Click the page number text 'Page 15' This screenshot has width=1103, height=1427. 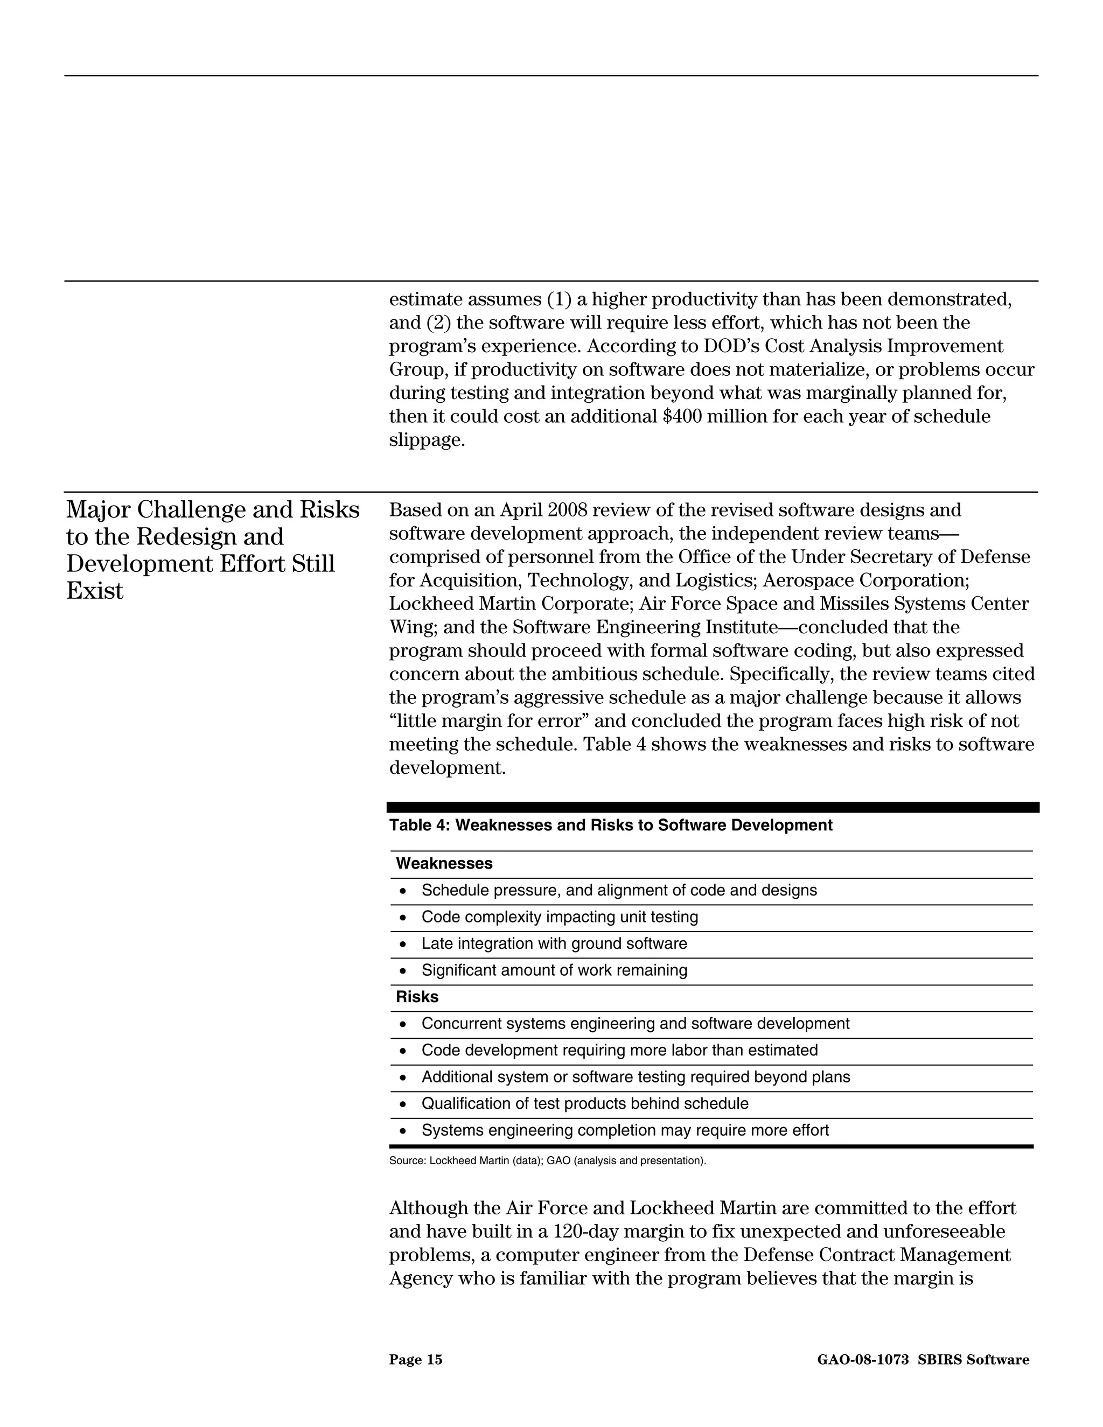point(416,1360)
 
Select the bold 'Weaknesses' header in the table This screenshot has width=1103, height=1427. point(444,864)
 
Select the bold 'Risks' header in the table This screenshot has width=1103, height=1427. point(417,997)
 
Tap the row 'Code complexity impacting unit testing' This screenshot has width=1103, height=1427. point(560,918)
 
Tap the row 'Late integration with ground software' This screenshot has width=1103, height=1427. point(554,944)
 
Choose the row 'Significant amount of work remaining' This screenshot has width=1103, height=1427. point(554,971)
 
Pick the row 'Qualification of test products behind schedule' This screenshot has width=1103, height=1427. point(585,1104)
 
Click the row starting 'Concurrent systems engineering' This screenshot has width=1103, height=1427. point(635,1024)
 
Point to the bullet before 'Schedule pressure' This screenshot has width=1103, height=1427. point(403,891)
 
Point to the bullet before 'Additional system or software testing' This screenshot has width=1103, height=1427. point(403,1078)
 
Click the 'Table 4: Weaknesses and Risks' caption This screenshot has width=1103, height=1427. point(610,826)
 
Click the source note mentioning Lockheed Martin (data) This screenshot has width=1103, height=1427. point(547,1161)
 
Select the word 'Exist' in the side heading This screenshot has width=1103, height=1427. point(95,591)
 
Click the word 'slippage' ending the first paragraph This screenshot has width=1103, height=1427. point(426,440)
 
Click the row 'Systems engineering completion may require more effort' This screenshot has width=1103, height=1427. point(625,1131)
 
